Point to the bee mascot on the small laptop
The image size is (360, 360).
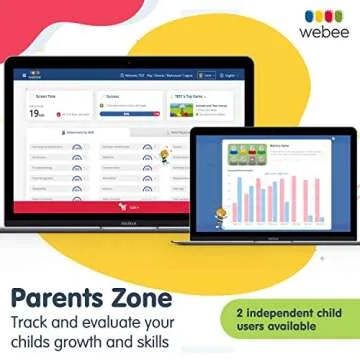(217, 214)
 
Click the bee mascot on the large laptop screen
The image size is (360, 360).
(163, 155)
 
